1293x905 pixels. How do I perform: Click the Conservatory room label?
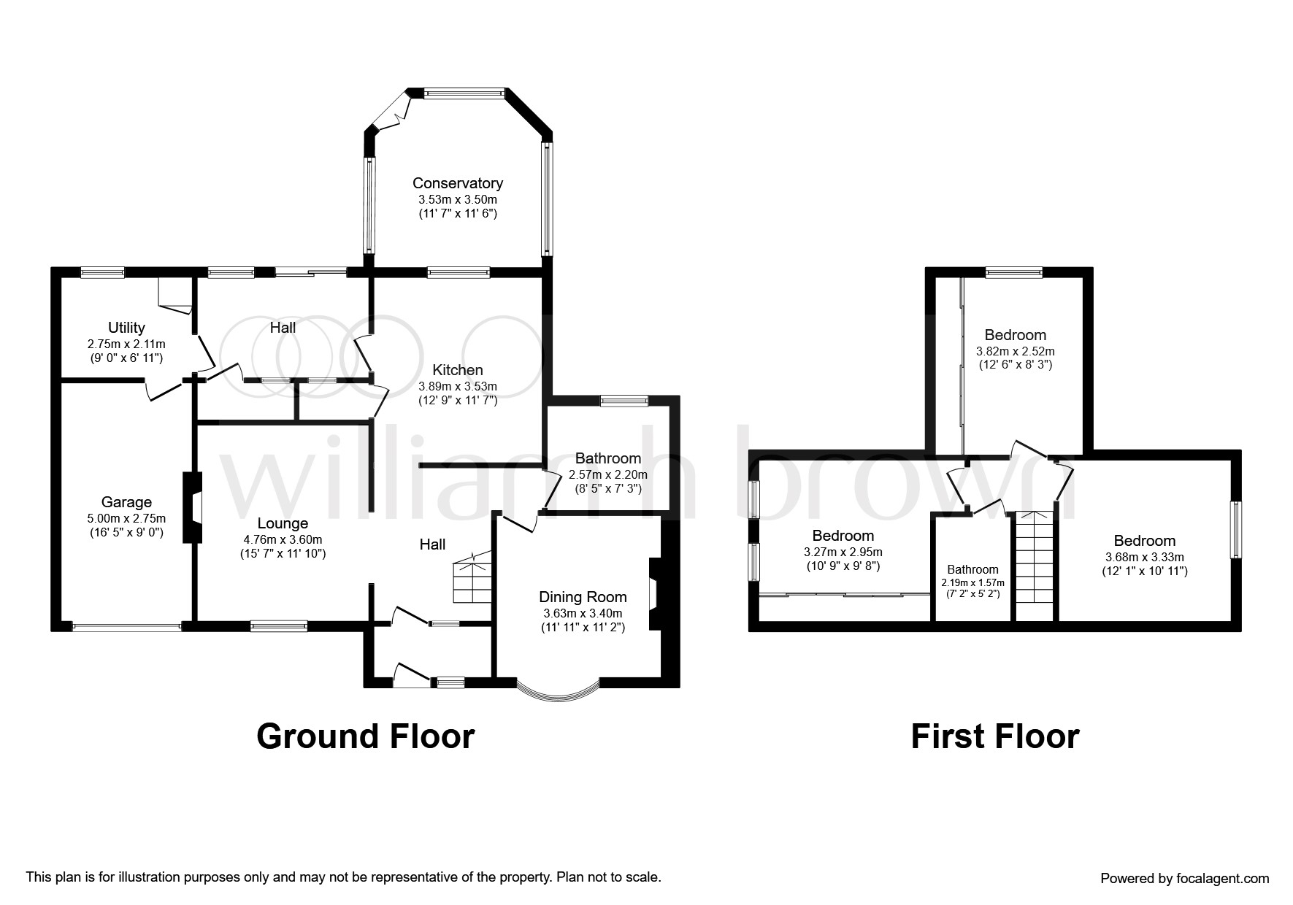[x=458, y=183]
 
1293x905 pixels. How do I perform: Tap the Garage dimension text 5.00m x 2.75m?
[x=127, y=519]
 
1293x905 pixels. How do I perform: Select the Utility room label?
[x=126, y=328]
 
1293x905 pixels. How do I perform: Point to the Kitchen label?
[x=458, y=370]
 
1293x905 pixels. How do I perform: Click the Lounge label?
[x=283, y=523]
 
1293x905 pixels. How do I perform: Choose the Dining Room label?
[x=583, y=597]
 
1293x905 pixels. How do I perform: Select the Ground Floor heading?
[x=366, y=736]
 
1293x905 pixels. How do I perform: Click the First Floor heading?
[x=995, y=736]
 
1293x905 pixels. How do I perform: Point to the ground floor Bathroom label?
[x=608, y=458]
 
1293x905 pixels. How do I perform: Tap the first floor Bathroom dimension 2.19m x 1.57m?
[x=973, y=582]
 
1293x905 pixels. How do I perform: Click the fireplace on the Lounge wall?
[x=192, y=508]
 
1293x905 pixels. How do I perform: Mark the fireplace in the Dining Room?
[x=655, y=594]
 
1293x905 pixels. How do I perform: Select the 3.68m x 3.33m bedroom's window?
[x=1235, y=529]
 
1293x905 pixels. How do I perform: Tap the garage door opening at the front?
[x=127, y=626]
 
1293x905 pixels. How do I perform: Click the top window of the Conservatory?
[x=464, y=93]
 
